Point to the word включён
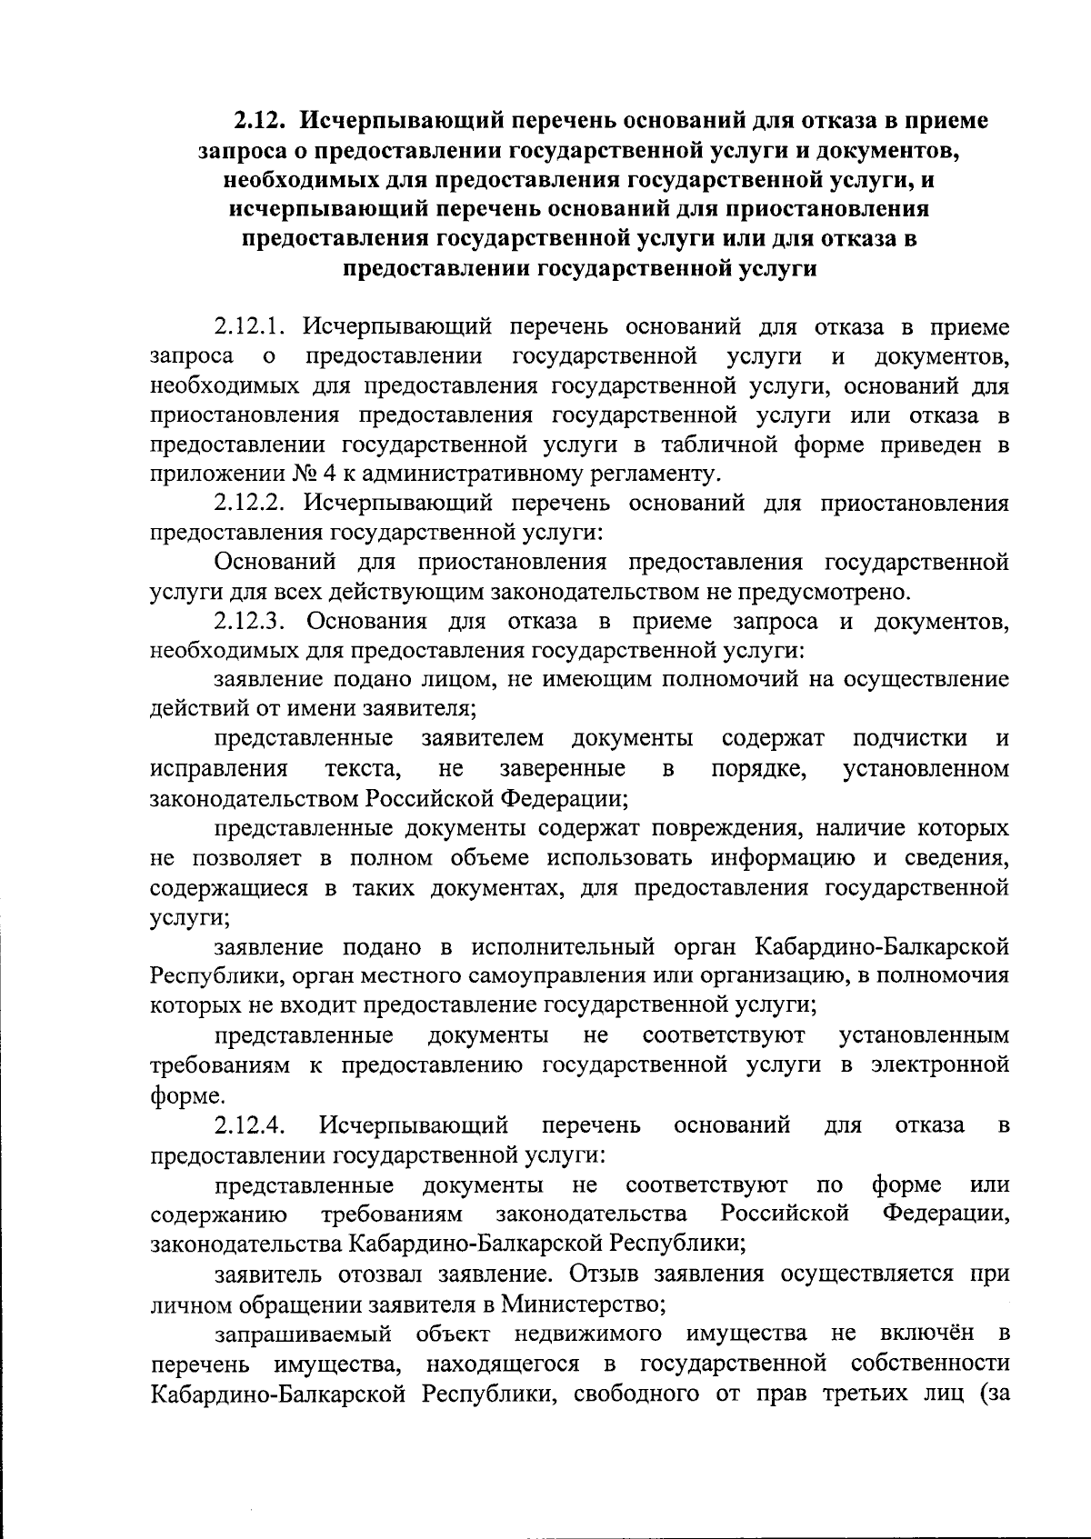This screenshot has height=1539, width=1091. (930, 1334)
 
